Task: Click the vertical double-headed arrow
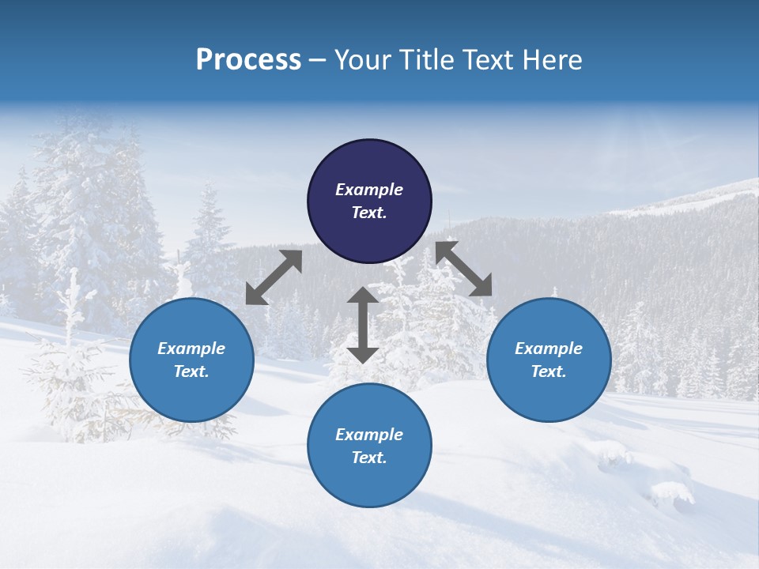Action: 363,325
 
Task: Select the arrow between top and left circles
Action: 274,277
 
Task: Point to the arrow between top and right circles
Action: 464,269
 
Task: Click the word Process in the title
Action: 248,60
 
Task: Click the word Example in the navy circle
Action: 369,190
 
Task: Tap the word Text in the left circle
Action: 191,371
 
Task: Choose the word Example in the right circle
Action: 549,349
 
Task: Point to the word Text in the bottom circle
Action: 368,458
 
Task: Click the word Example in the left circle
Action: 191,349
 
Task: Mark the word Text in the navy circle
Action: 368,213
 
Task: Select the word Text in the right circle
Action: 548,371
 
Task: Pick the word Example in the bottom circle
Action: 369,435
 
